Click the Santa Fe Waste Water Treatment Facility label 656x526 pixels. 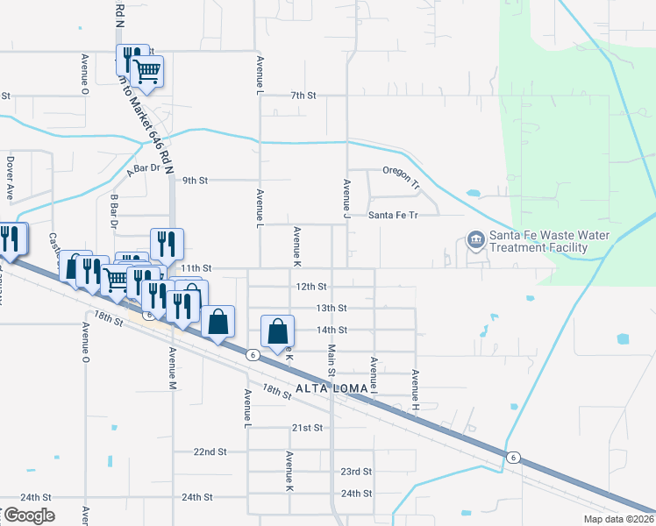tap(538, 241)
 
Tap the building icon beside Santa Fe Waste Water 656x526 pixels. tap(475, 239)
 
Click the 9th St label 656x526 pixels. tap(195, 181)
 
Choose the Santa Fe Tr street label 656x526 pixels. tap(392, 215)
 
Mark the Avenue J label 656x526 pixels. tap(347, 199)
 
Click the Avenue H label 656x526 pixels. tap(416, 390)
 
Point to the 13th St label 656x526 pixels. tap(332, 309)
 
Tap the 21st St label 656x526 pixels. tap(308, 428)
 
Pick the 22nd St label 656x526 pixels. tap(210, 451)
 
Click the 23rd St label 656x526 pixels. tap(357, 471)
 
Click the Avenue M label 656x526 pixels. tap(173, 367)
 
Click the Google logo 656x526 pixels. tap(28, 515)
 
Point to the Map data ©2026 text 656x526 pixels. tap(617, 518)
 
